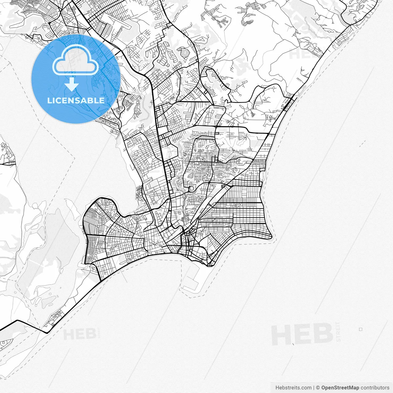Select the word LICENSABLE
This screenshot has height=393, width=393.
(x=76, y=100)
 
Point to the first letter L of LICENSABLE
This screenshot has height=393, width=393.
(x=49, y=100)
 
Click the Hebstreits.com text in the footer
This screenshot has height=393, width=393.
(x=293, y=388)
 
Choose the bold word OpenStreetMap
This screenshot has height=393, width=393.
(x=340, y=388)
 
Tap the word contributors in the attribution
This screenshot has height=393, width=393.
(x=375, y=388)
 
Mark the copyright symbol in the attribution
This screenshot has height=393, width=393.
(x=318, y=388)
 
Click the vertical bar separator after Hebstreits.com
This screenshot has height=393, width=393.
(x=313, y=388)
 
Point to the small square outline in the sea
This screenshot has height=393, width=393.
(x=361, y=329)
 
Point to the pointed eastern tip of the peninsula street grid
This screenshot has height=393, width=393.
(x=271, y=237)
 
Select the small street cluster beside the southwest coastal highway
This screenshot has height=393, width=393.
(x=57, y=316)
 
